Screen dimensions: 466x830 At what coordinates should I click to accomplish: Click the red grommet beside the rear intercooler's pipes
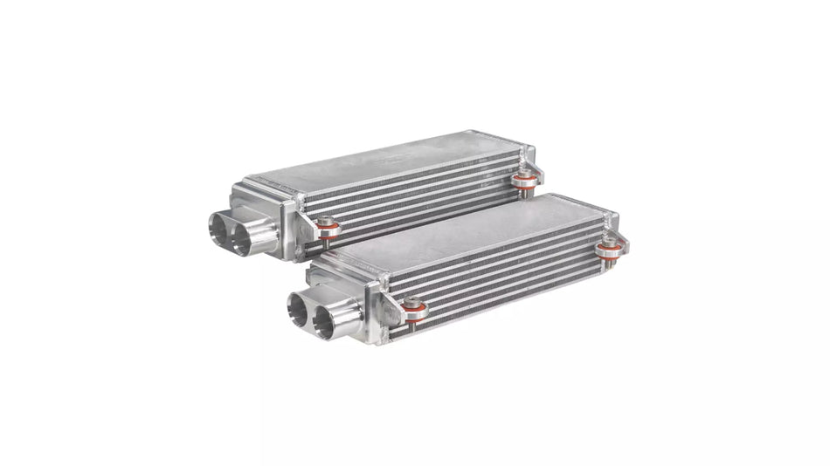click(x=329, y=231)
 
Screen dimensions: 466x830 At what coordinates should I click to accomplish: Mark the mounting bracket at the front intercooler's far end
click(x=615, y=234)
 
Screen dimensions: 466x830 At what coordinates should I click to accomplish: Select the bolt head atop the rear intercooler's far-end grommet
click(x=524, y=176)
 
